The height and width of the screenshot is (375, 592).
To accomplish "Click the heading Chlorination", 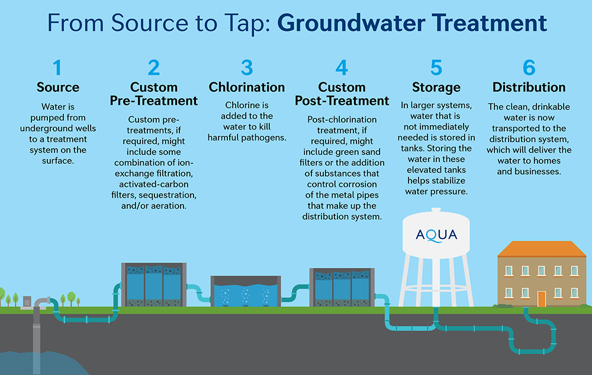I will [x=247, y=87].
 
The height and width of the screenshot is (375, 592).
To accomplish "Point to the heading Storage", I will [x=436, y=87].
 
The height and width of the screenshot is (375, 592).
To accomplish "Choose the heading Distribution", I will [x=529, y=87].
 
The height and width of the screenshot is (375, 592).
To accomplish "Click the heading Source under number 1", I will [x=57, y=87].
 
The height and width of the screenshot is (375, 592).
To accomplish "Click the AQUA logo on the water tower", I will [x=436, y=235].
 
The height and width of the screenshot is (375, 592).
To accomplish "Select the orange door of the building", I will [x=541, y=298].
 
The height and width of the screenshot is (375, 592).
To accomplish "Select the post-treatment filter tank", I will [x=342, y=287].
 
